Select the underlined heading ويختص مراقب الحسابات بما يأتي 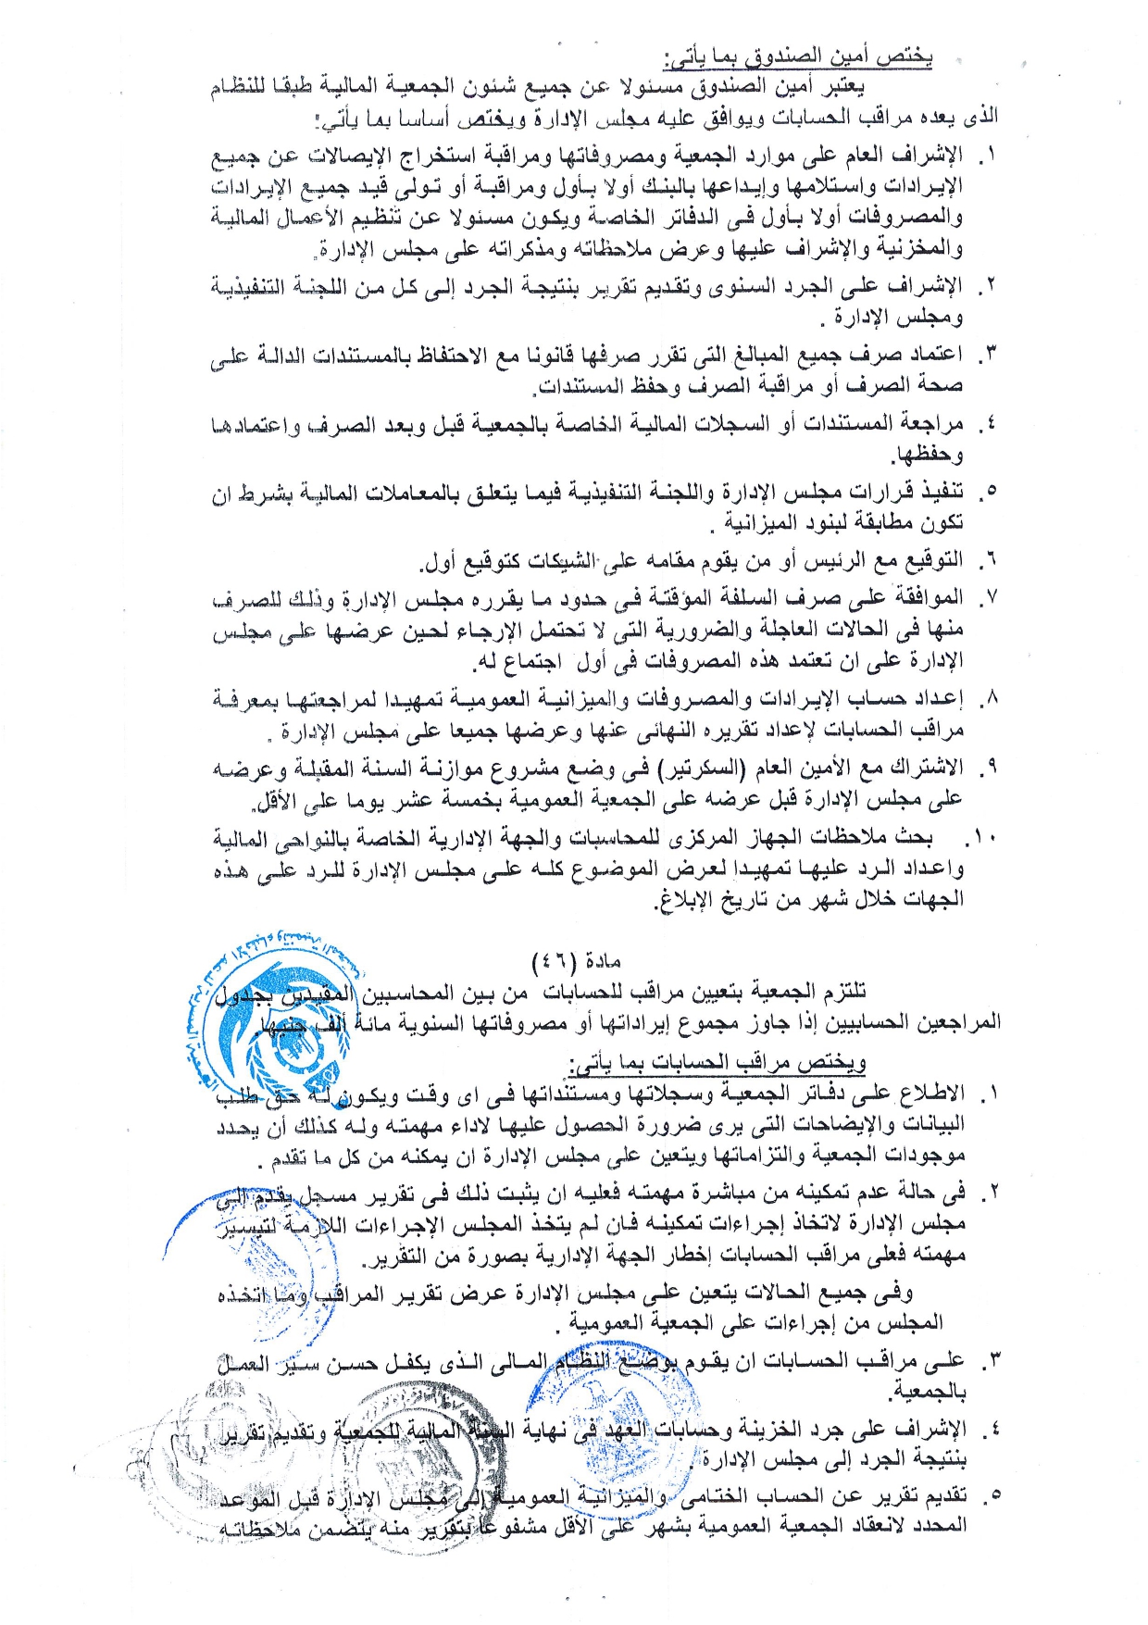717,1062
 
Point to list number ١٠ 980,839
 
